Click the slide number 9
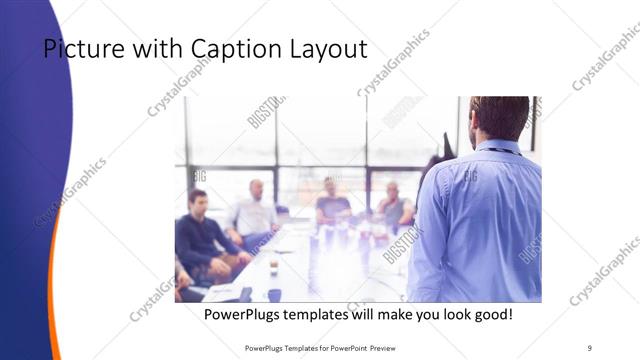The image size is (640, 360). (589, 347)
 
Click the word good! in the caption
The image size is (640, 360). (488, 314)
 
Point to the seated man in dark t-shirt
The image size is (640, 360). (332, 205)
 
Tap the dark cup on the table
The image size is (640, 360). (273, 293)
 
